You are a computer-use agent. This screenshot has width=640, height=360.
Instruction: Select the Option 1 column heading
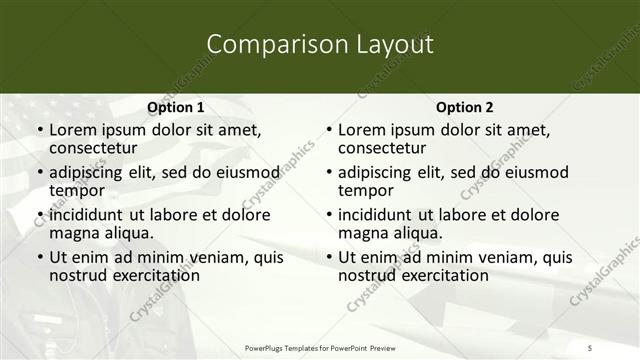(175, 108)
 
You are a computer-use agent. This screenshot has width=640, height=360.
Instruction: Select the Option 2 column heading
(464, 108)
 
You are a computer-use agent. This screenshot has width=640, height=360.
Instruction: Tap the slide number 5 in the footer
(590, 347)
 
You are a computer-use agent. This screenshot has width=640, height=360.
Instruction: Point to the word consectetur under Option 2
(381, 149)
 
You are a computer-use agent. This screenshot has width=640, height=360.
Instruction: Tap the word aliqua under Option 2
(416, 233)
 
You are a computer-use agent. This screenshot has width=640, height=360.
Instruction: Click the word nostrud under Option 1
(76, 275)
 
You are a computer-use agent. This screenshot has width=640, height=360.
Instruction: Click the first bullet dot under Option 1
(39, 131)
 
